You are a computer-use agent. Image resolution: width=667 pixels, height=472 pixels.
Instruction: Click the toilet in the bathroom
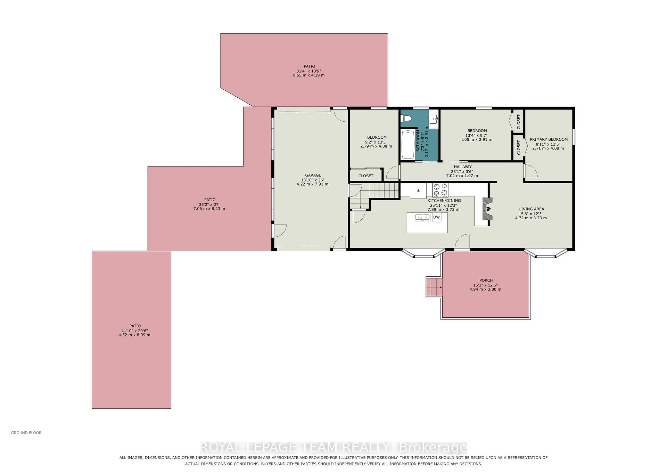point(406,119)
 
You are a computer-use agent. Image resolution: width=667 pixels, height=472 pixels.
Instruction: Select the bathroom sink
point(434,119)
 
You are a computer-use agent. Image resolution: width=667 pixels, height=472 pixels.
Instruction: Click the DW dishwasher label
point(436,217)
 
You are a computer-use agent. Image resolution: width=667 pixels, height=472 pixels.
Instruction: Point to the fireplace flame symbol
point(488,209)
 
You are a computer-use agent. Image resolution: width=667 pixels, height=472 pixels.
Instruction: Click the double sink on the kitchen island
point(422,217)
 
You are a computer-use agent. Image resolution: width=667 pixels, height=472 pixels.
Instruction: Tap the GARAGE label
point(313,175)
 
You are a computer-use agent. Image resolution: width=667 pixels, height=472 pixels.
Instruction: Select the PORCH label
point(486,280)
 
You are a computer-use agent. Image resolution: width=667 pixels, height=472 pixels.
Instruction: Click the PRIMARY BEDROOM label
point(549,139)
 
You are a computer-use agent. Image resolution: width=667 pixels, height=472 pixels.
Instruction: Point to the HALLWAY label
point(463,167)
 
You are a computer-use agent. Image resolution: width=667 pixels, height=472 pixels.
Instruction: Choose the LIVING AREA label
point(532,209)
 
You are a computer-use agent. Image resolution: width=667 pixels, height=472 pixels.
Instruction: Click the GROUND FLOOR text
point(26,433)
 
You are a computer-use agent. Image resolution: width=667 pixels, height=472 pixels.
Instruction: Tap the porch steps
point(434,287)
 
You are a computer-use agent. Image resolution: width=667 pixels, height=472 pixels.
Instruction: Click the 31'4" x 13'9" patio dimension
point(309,71)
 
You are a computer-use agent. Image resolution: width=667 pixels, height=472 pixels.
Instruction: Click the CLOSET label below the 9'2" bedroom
point(366,176)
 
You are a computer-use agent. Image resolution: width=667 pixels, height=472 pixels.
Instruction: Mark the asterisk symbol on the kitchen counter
point(418,191)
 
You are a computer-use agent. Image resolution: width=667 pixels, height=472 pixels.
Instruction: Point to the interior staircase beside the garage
point(374,196)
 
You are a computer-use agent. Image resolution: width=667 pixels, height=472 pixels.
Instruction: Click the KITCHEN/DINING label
point(444,201)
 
